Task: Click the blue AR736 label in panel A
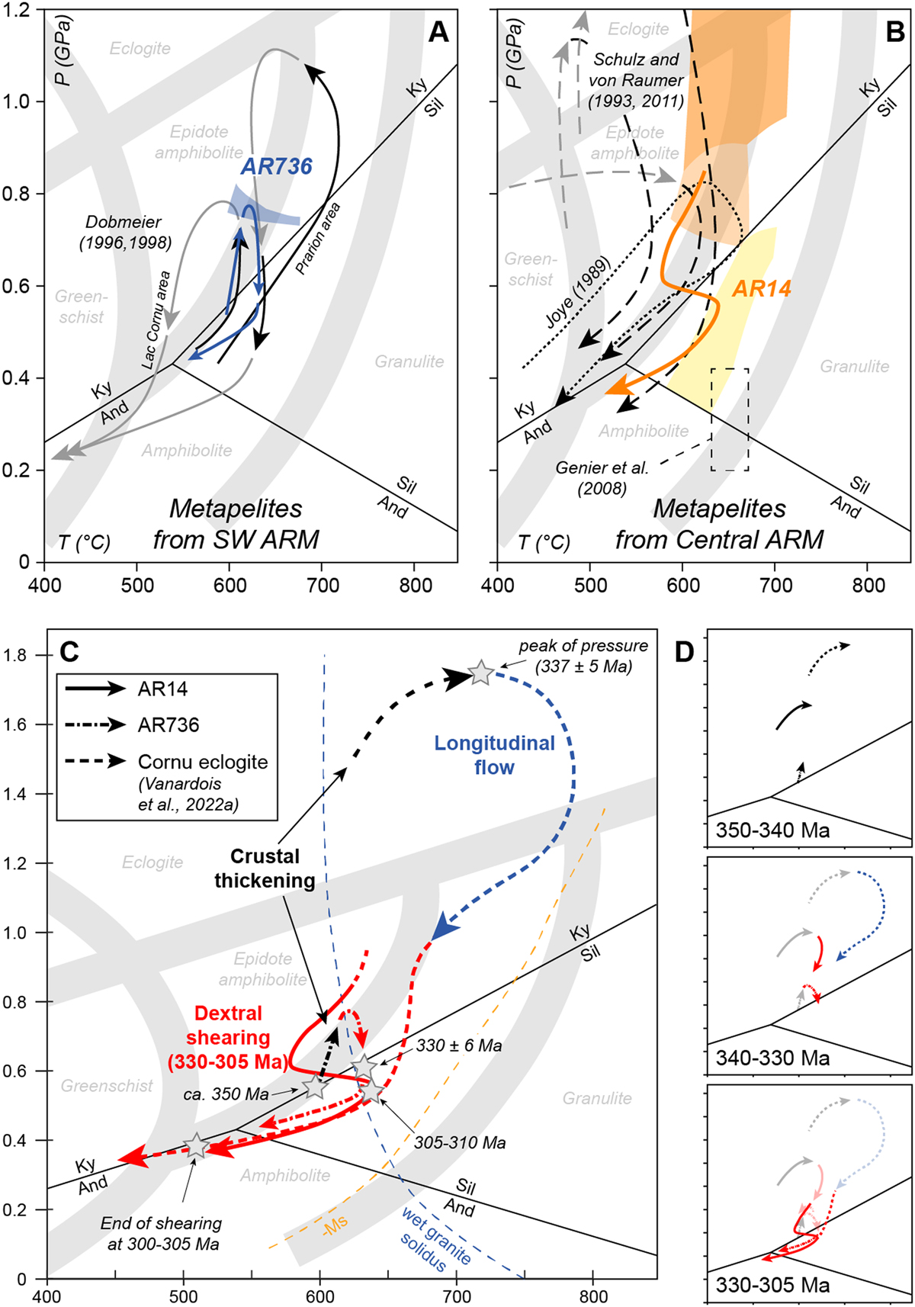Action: (277, 166)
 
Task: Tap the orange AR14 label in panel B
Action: (761, 288)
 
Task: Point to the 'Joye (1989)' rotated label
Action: (579, 293)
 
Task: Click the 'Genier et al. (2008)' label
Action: (602, 477)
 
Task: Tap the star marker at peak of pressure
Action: (480, 673)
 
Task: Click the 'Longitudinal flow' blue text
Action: (494, 755)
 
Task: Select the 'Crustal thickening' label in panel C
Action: (265, 868)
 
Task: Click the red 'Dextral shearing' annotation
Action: (228, 1037)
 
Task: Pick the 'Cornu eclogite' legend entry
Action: (203, 762)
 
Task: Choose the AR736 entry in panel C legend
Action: (169, 725)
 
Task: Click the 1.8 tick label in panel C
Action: (22, 656)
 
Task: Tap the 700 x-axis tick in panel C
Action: (457, 1296)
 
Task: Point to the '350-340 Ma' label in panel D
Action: (772, 830)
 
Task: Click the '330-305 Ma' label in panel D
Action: (772, 1285)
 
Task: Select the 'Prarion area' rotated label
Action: (318, 238)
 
